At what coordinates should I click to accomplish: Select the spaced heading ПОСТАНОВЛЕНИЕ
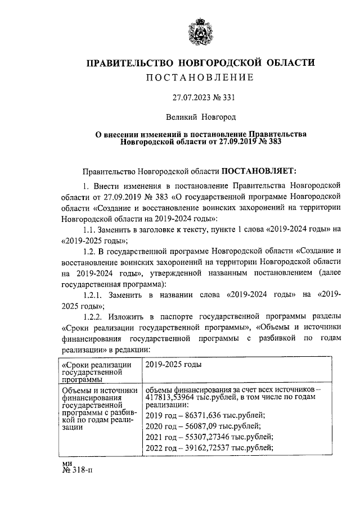pos(200,76)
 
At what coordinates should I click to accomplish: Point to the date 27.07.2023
pos(191,97)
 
